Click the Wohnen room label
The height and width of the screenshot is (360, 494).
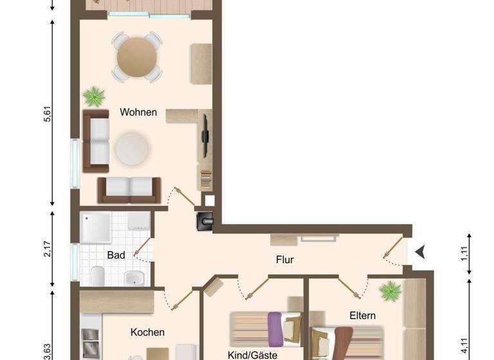[x=138, y=112]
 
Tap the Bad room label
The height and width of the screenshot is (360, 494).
[x=116, y=255]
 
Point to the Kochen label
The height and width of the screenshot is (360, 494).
[x=147, y=332]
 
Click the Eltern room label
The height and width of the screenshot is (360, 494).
[x=363, y=316]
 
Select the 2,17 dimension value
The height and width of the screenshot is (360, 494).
[x=47, y=249]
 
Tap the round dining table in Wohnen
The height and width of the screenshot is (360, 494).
[x=137, y=57]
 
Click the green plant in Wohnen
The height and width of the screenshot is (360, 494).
[x=94, y=97]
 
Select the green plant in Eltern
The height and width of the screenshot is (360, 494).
[x=390, y=291]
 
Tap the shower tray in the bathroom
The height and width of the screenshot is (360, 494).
[x=97, y=228]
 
